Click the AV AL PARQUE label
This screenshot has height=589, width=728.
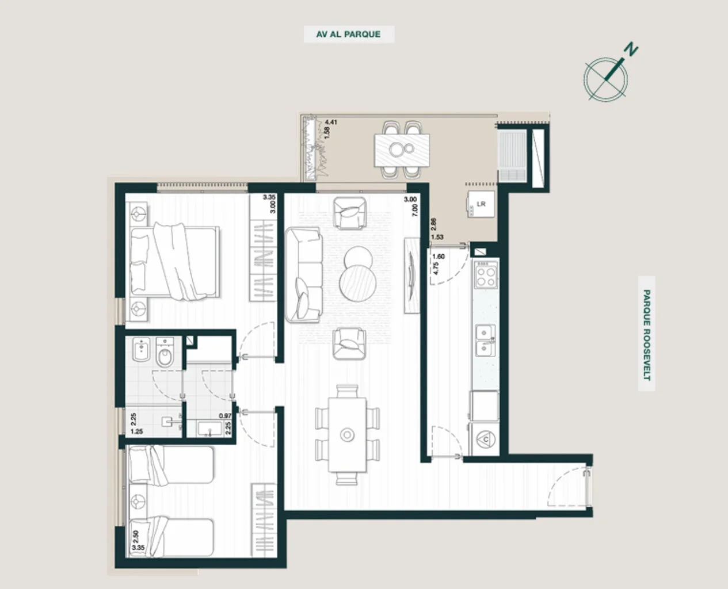[x=348, y=34]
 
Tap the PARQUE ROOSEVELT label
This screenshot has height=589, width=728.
[x=647, y=335]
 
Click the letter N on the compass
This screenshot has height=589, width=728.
[x=631, y=49]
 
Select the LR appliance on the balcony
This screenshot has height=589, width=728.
[x=481, y=204]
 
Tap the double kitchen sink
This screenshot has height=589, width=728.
[x=486, y=341]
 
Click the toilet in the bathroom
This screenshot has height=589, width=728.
[x=165, y=353]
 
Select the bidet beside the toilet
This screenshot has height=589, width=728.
[x=141, y=350]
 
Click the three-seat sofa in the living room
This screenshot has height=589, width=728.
[x=304, y=275]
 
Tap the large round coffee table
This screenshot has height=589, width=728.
[x=358, y=283]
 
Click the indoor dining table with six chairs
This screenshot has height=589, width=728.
[x=347, y=435]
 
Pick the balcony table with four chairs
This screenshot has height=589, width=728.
[x=402, y=150]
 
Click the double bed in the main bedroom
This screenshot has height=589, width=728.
[x=174, y=261]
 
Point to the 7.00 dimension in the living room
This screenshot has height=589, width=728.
[x=414, y=210]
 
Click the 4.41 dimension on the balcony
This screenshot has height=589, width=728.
[x=331, y=122]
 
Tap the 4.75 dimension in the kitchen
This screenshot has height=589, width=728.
[x=436, y=268]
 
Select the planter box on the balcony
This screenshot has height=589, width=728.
[x=311, y=148]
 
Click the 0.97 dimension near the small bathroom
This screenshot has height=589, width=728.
[x=225, y=416]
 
